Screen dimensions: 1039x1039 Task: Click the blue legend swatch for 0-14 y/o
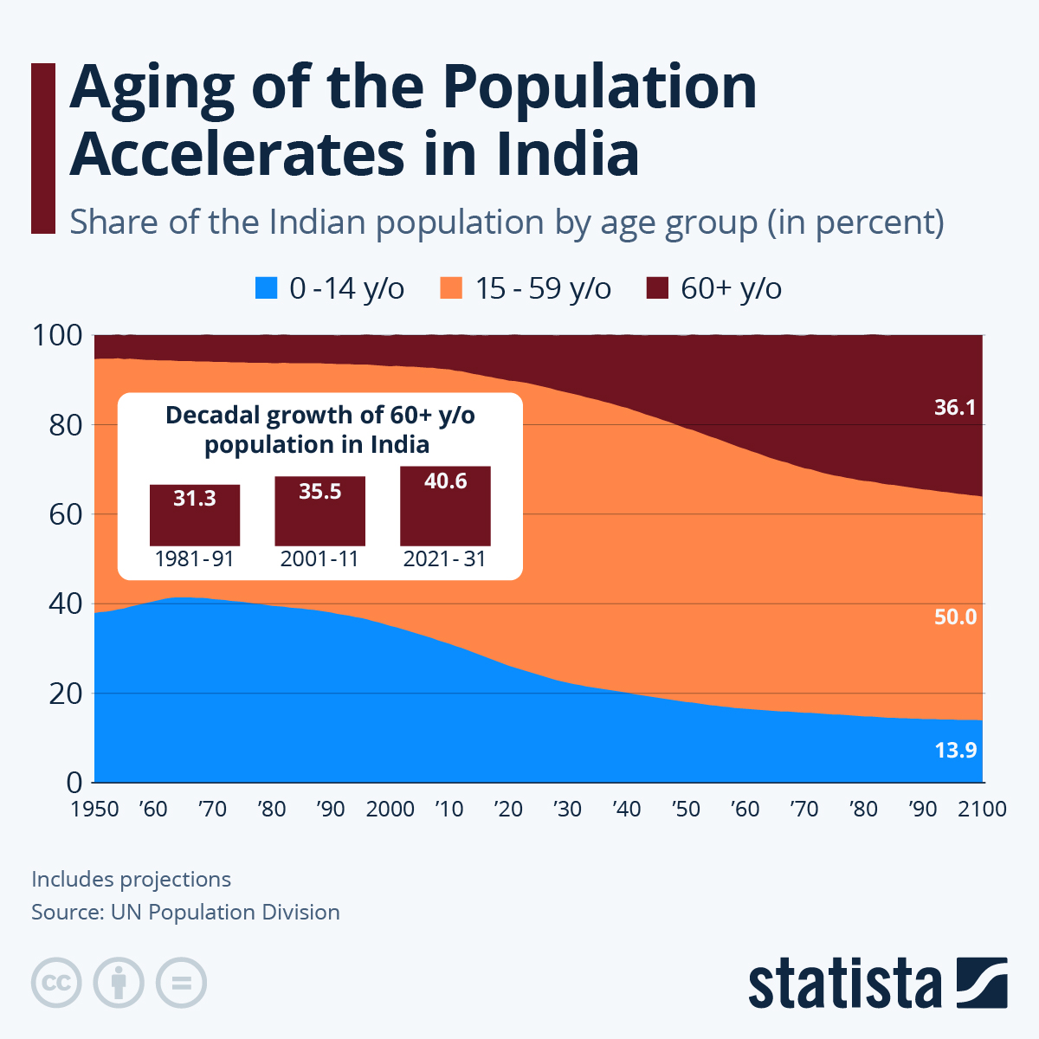click(267, 288)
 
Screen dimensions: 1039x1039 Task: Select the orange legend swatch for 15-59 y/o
click(452, 288)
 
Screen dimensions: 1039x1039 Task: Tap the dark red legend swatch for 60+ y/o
click(658, 288)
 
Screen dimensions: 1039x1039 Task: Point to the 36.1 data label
click(955, 407)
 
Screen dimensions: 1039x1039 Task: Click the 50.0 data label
click(955, 617)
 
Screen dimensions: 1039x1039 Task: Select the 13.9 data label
click(955, 750)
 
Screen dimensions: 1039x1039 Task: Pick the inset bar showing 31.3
click(195, 514)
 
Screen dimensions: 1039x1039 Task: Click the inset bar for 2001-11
click(319, 511)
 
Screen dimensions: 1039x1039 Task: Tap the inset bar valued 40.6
click(445, 506)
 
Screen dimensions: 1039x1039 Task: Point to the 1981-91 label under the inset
click(195, 559)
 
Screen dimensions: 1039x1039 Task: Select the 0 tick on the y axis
click(74, 783)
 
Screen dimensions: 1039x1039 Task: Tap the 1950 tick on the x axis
click(95, 810)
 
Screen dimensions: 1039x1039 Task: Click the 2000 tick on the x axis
click(390, 810)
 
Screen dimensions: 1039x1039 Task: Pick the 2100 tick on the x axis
click(982, 810)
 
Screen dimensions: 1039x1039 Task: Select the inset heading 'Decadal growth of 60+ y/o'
click(319, 416)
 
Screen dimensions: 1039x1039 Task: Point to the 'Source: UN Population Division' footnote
click(185, 913)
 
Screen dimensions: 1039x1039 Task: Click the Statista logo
click(877, 984)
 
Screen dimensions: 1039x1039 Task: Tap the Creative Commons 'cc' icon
click(56, 984)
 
